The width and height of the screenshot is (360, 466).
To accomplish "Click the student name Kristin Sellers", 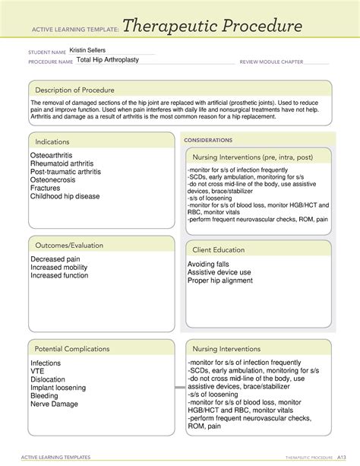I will [x=87, y=50].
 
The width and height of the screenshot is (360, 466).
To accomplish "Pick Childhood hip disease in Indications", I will [x=65, y=196].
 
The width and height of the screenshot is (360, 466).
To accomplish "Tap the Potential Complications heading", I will [x=70, y=347].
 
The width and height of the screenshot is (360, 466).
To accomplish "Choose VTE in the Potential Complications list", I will [x=39, y=371].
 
